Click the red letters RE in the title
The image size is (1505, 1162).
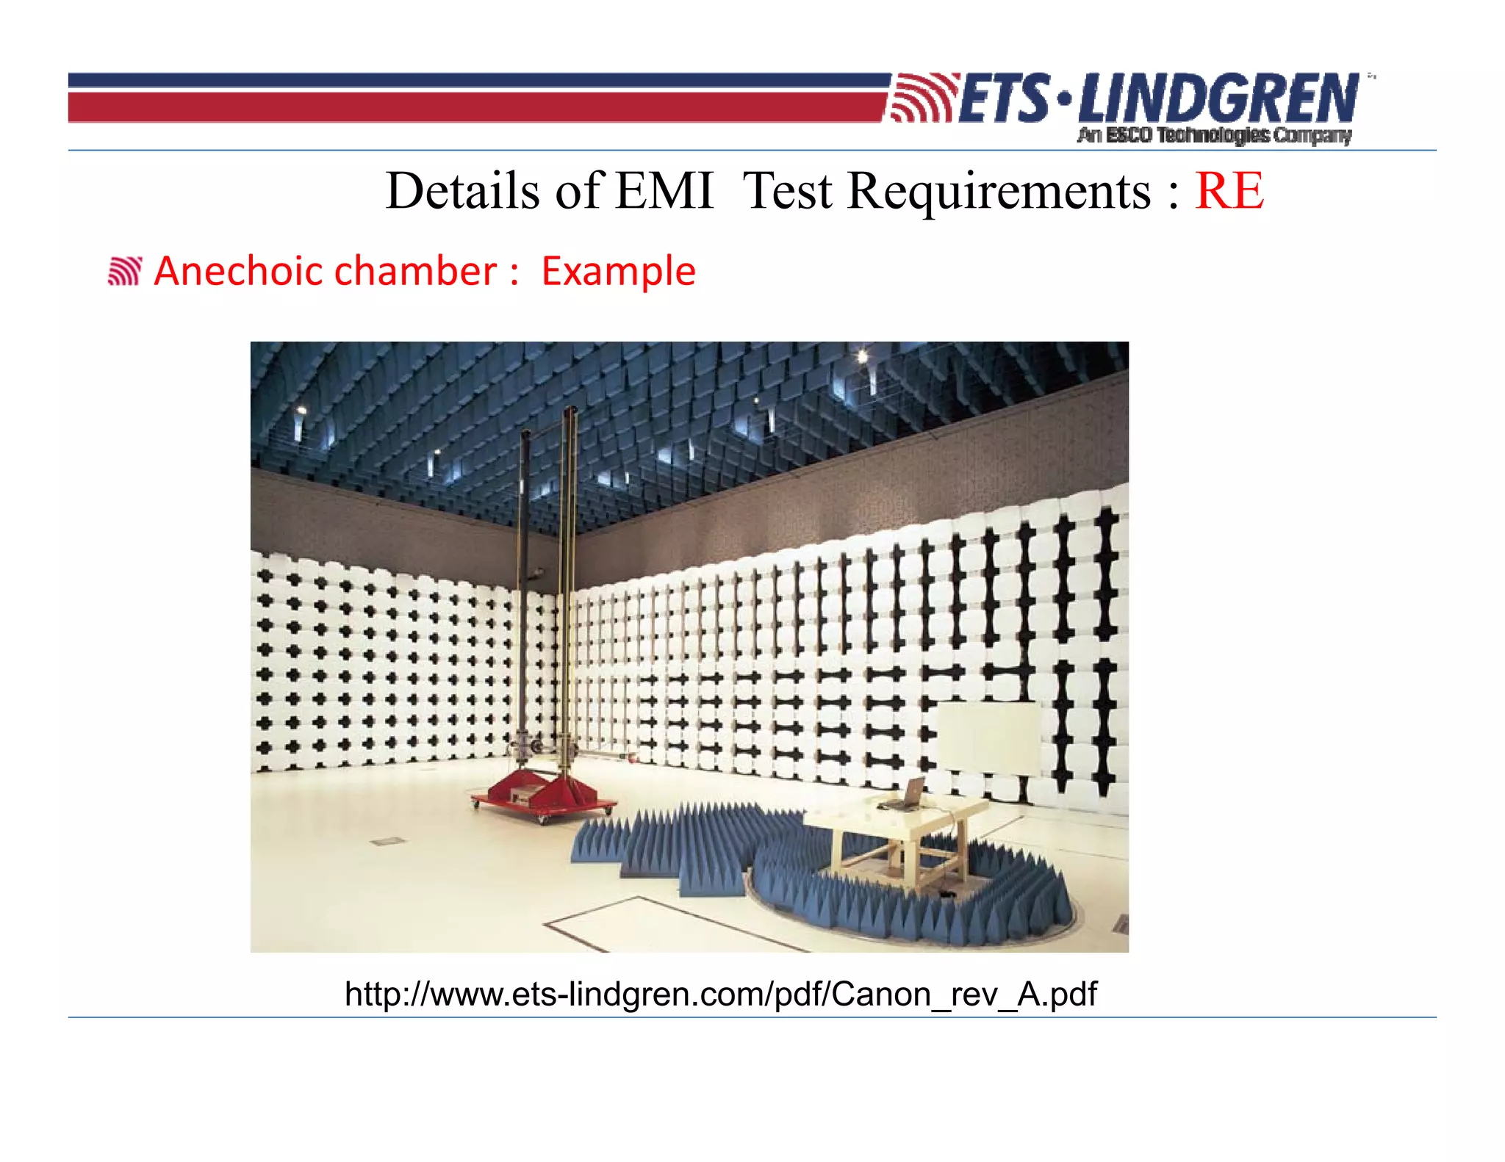(1229, 191)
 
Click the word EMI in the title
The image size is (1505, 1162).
(664, 191)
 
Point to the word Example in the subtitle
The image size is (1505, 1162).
(618, 271)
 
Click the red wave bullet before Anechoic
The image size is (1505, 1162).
(124, 271)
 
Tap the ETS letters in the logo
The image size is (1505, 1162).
(1004, 99)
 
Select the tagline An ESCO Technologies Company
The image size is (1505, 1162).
(1214, 135)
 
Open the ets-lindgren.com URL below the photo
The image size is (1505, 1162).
(720, 994)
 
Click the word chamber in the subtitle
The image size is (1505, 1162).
(415, 271)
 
